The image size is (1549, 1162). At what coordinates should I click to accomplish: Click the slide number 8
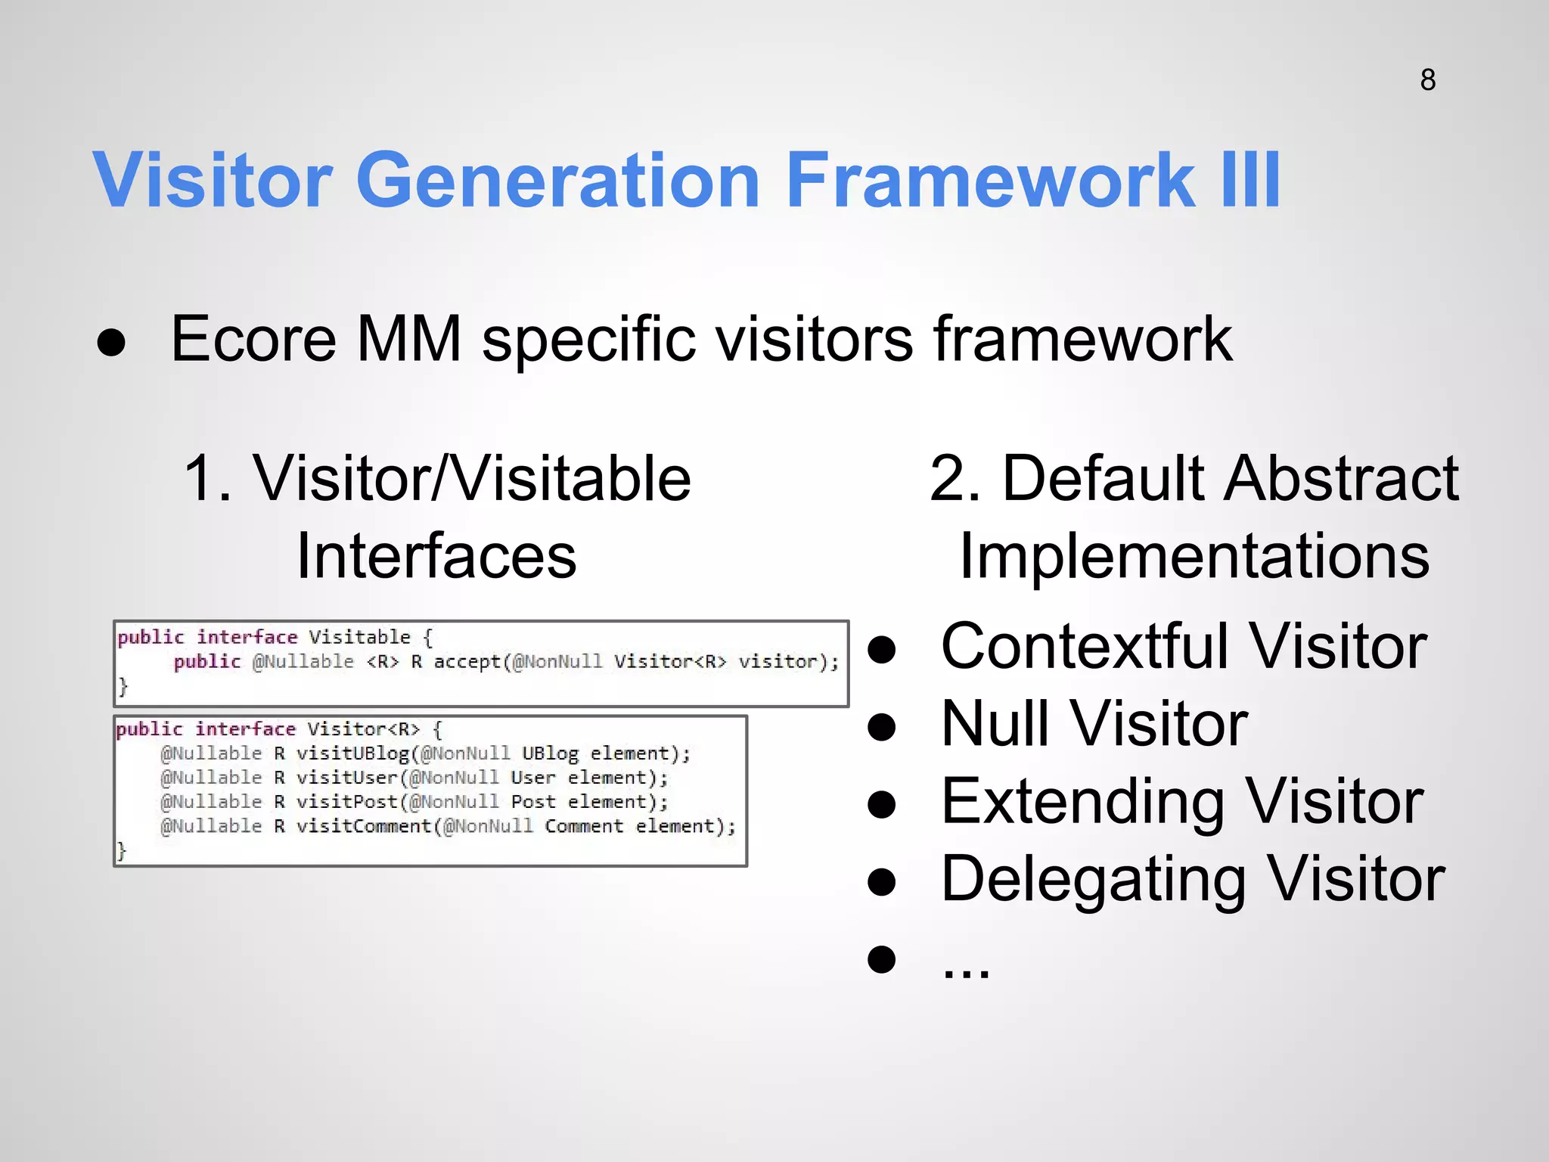[1427, 80]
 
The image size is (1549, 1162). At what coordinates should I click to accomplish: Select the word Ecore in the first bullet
[253, 340]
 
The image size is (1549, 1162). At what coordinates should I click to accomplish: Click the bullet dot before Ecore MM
[112, 343]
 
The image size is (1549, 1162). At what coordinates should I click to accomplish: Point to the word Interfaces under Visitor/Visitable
[436, 557]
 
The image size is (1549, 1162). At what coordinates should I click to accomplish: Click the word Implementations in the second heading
[1194, 557]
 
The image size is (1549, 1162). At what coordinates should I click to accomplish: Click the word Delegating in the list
[1093, 880]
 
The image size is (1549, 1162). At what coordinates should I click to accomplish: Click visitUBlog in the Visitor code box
[353, 753]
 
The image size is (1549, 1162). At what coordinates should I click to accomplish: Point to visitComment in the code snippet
[364, 826]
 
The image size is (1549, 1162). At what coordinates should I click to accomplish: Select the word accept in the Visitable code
[467, 662]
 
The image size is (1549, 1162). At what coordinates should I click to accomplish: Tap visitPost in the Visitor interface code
[347, 802]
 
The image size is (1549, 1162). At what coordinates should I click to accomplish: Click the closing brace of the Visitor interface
[121, 851]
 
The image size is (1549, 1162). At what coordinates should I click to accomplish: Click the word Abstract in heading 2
[1343, 480]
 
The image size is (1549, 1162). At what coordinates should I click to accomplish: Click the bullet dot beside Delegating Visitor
[882, 882]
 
